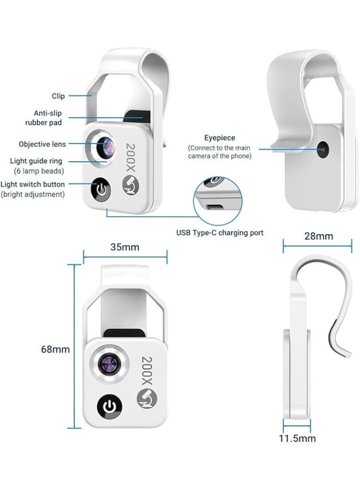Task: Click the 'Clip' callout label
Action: (x=58, y=96)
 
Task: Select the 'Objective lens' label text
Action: (x=42, y=144)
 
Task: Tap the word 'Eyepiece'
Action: (x=219, y=138)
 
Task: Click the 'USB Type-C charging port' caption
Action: (x=219, y=232)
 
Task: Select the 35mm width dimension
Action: (x=124, y=247)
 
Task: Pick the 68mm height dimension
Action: (x=56, y=349)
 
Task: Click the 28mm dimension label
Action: (x=318, y=236)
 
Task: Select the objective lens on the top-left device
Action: (x=105, y=146)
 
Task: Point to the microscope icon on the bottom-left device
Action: (x=144, y=402)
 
